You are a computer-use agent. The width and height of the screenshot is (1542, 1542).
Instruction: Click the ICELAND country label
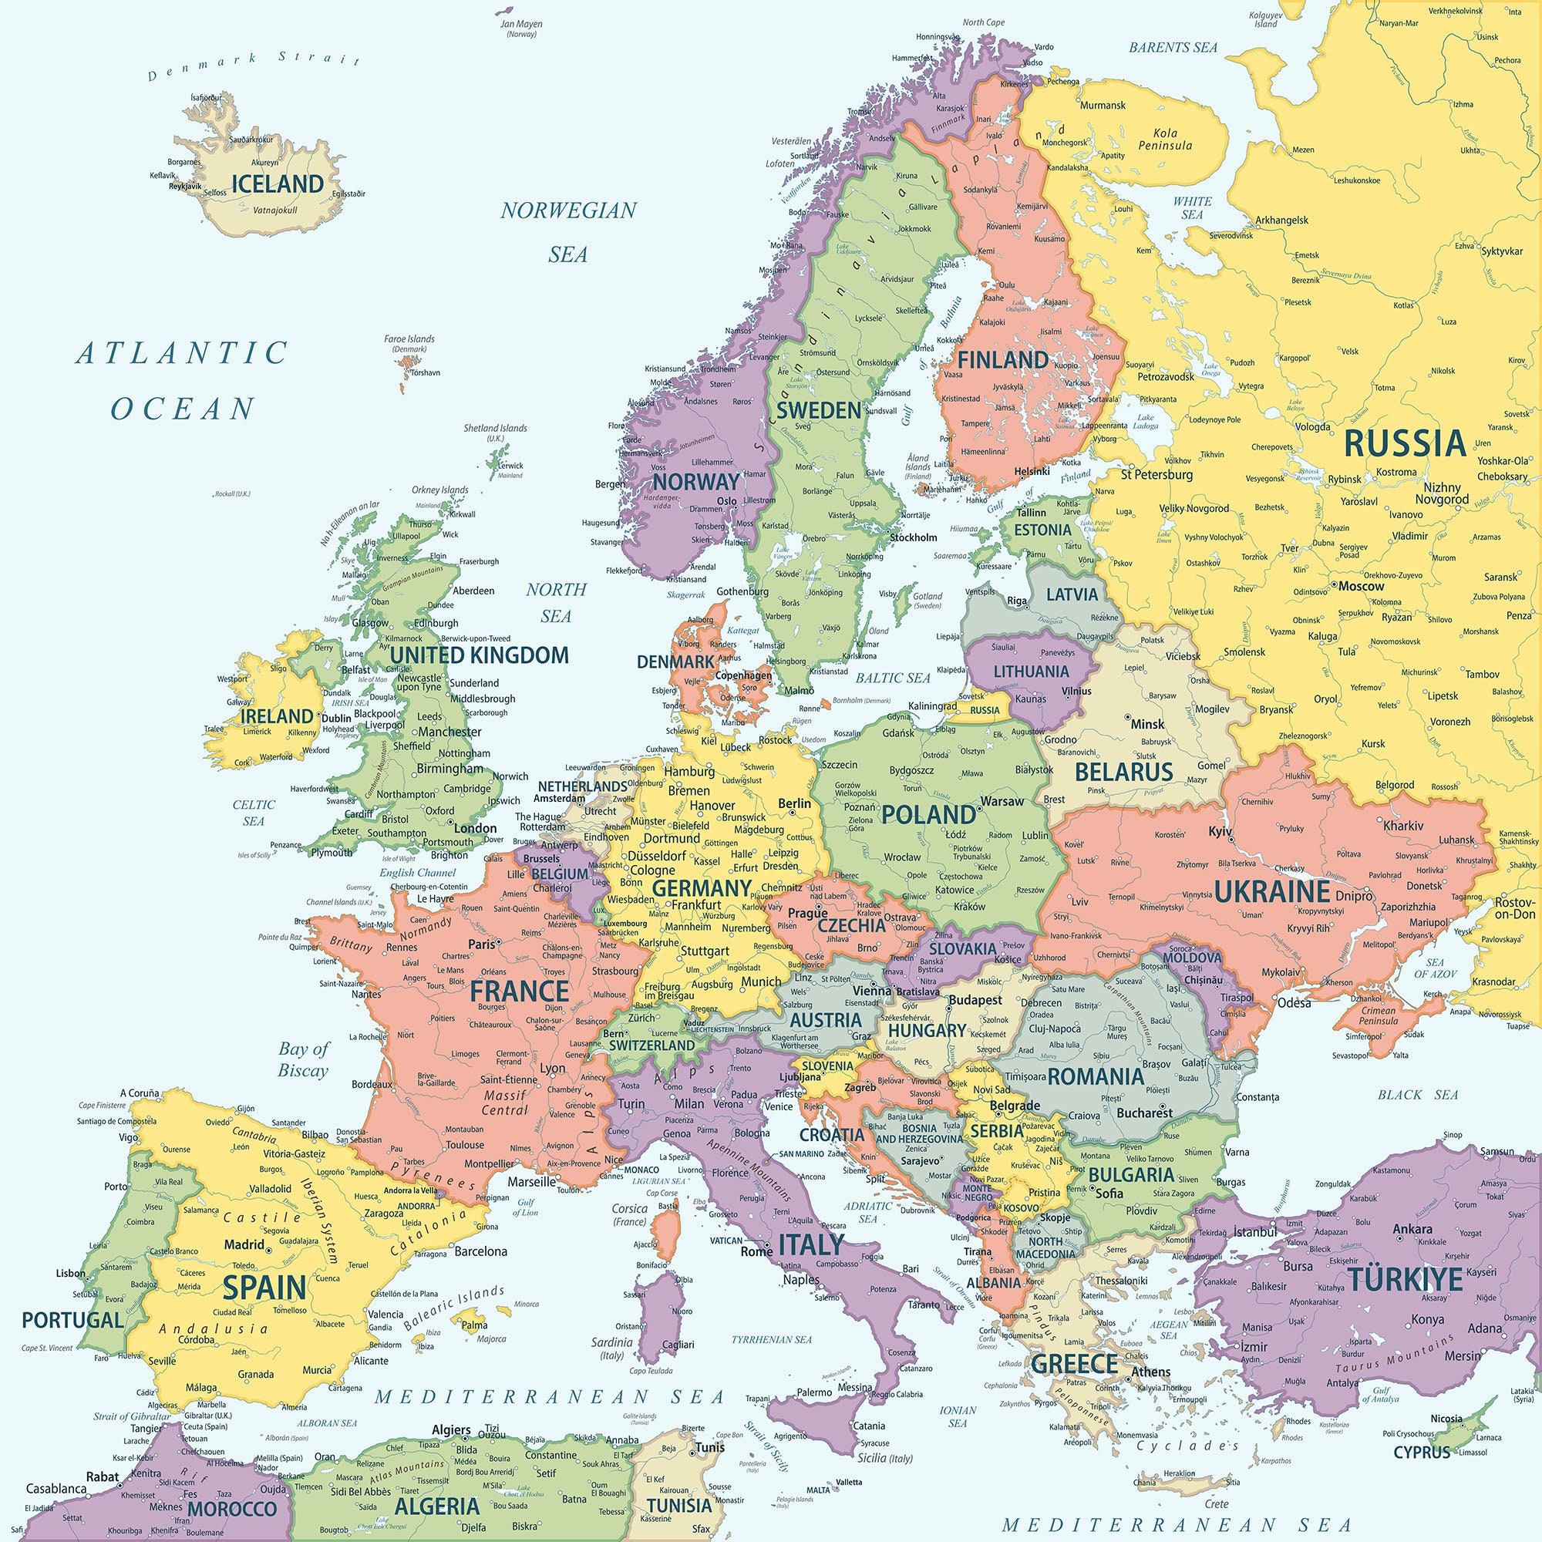[278, 183]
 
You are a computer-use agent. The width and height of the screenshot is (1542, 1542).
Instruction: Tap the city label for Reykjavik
[185, 186]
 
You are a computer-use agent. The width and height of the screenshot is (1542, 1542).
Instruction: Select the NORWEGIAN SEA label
[568, 231]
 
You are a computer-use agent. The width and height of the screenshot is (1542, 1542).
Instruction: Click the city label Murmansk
[1103, 106]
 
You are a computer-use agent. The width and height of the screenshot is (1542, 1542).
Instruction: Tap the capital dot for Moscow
[1334, 585]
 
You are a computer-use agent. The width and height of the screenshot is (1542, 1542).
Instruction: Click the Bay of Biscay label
[303, 1059]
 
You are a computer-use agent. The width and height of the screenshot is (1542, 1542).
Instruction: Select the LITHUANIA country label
[1030, 672]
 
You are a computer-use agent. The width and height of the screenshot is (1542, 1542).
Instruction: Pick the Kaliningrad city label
[933, 705]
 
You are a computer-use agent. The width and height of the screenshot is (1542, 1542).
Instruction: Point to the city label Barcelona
[480, 1251]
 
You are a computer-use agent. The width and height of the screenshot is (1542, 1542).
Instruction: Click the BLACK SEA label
[1418, 1094]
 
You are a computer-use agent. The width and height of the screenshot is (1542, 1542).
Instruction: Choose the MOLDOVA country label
[1192, 957]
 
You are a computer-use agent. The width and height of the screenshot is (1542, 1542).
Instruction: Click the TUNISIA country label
[678, 1505]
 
